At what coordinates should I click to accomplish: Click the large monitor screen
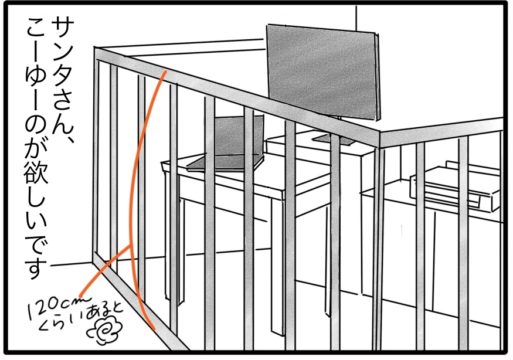coord(323,71)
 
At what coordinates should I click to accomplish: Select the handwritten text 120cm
coord(59,307)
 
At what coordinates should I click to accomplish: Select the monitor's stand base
coord(334,139)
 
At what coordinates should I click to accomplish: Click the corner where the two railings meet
coord(379,133)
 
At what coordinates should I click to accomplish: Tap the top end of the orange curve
coord(165,71)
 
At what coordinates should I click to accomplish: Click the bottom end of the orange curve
coord(154,328)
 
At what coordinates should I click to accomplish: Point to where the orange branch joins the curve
coord(131,246)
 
